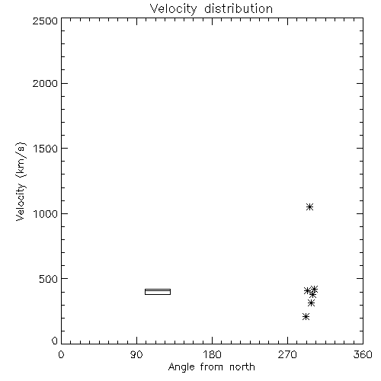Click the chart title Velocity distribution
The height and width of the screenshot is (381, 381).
(211, 8)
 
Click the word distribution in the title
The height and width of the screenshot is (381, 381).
(239, 8)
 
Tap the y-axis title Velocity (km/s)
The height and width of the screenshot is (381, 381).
(21, 182)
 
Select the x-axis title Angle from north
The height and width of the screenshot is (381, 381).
(211, 367)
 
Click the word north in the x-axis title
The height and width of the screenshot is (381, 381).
(242, 367)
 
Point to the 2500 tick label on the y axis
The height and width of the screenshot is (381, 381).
(45, 21)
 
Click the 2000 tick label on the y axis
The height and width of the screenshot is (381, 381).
(45, 83)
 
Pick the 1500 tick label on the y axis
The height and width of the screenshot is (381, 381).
(46, 149)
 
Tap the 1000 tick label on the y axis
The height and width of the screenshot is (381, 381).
(46, 213)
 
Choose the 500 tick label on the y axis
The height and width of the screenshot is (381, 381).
(49, 279)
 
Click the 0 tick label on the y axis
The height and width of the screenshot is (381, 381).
(55, 341)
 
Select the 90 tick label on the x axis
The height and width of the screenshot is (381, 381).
(136, 354)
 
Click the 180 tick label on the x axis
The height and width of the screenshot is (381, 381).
(212, 354)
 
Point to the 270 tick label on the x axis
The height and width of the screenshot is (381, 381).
(287, 354)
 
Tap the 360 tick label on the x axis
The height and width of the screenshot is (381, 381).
(363, 354)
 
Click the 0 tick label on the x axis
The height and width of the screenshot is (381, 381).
(61, 354)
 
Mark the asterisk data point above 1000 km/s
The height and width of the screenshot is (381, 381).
(309, 207)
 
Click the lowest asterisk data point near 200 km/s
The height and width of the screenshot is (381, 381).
(306, 316)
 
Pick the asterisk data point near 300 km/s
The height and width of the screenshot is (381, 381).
(311, 303)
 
